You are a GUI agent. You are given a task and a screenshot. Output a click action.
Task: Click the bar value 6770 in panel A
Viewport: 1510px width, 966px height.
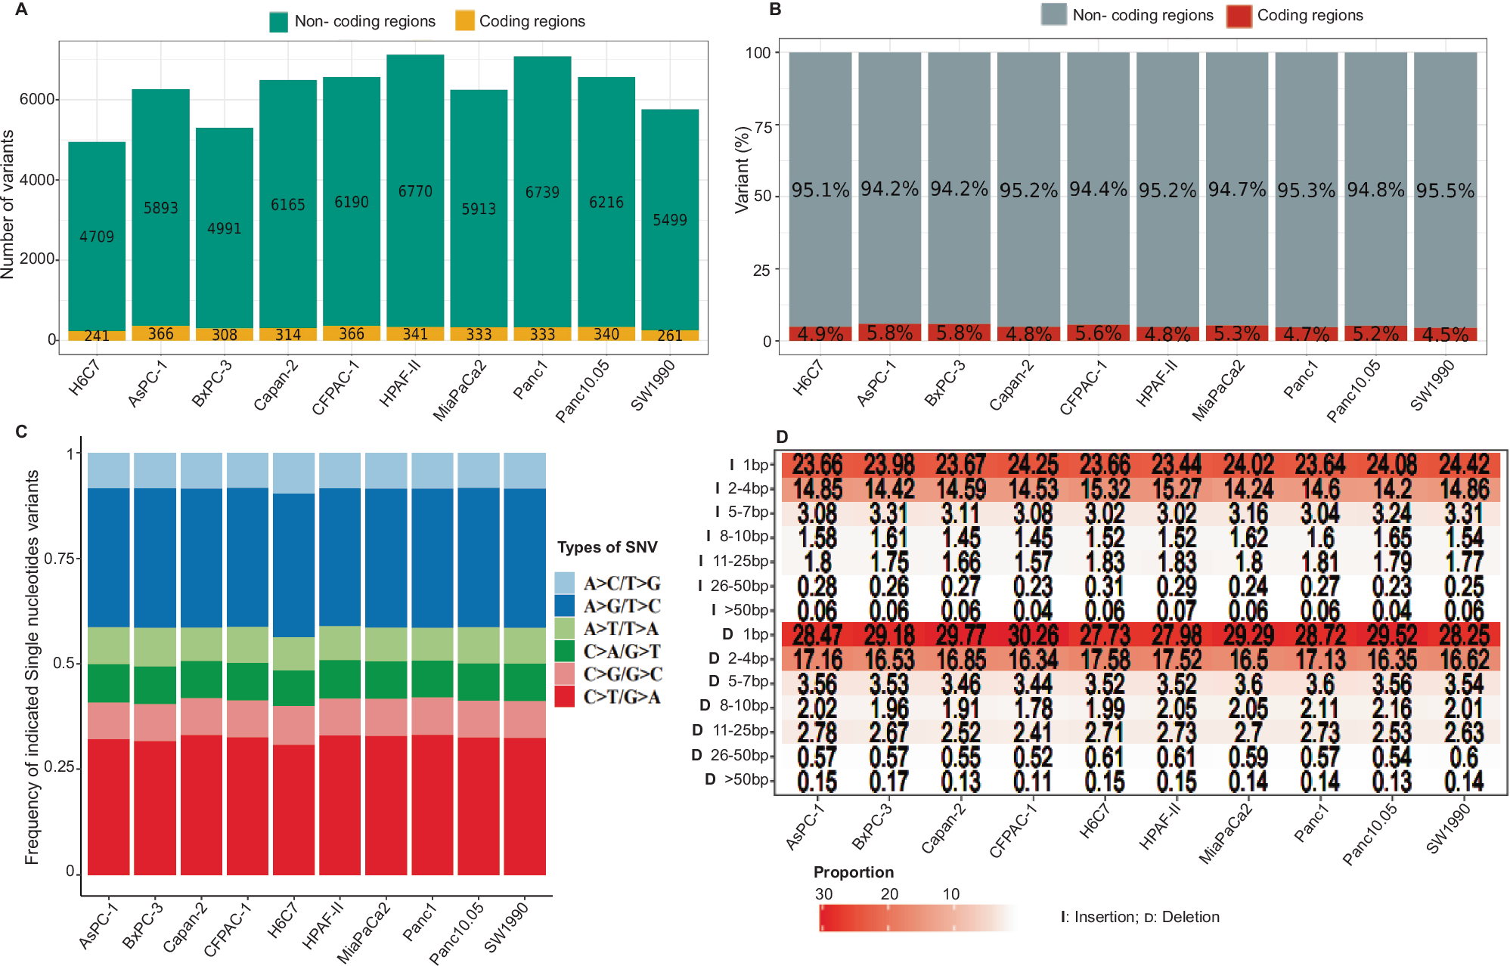(415, 191)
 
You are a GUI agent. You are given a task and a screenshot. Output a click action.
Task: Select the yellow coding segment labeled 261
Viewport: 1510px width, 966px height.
(670, 335)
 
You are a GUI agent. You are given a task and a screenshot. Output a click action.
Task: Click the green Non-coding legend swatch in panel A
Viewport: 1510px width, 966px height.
(278, 21)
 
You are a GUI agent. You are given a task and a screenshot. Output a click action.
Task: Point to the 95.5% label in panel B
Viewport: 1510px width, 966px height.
(1445, 190)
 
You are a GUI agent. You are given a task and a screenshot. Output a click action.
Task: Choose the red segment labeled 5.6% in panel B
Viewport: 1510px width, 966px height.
(1098, 333)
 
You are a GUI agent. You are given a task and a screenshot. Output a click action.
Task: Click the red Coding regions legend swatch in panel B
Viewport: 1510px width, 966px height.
(1239, 15)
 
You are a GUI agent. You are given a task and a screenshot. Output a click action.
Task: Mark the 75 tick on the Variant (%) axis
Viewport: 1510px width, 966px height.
(763, 126)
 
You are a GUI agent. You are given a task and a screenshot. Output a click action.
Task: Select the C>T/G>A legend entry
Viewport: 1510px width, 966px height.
(622, 696)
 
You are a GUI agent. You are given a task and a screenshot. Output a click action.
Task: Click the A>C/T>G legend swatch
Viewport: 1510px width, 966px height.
(564, 583)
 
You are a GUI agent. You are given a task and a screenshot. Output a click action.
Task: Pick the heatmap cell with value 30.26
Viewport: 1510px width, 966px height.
(1033, 634)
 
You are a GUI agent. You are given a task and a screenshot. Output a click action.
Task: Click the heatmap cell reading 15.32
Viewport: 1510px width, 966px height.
(1105, 488)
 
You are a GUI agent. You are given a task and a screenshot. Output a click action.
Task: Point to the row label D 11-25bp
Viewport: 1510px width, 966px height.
(730, 730)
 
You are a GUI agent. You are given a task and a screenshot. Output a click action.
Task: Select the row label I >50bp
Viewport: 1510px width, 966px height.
(739, 610)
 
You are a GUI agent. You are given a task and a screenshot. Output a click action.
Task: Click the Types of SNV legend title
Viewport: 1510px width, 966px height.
(607, 547)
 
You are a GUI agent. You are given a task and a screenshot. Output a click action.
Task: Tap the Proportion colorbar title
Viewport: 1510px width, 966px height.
(853, 872)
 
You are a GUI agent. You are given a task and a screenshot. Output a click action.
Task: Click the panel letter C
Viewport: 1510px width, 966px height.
(21, 432)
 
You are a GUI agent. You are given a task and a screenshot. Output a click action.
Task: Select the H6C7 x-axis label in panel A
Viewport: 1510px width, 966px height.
(84, 378)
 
